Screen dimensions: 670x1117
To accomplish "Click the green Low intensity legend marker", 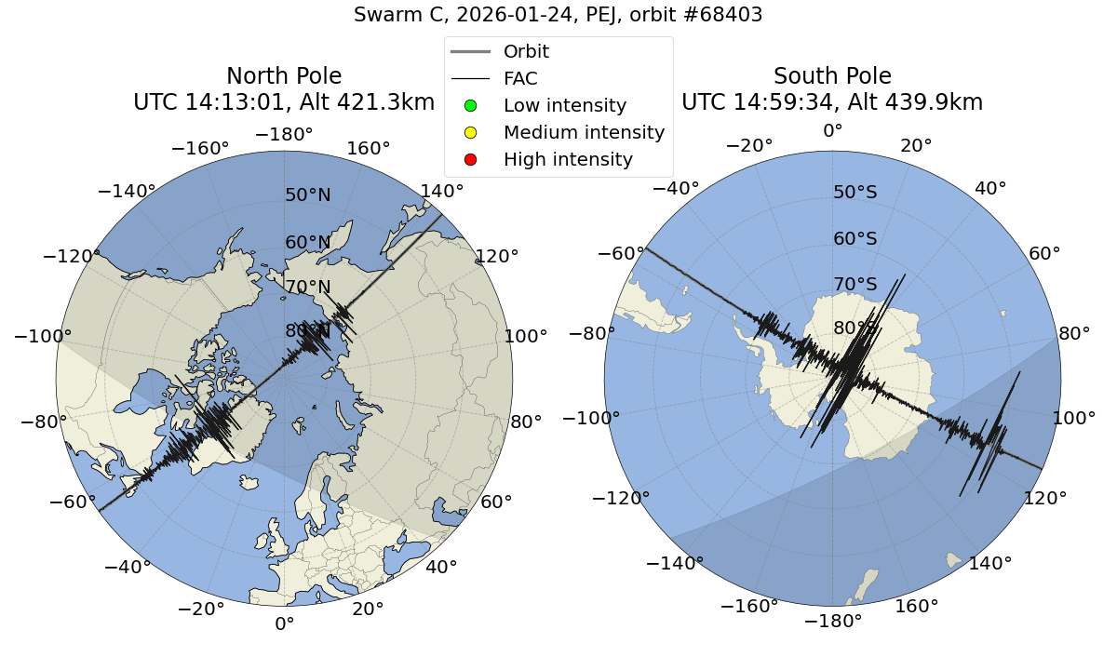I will tap(471, 105).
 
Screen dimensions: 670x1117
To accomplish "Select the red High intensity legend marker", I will tap(471, 159).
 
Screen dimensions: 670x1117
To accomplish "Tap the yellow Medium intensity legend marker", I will tap(471, 132).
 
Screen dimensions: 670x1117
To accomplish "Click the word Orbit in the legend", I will tap(526, 51).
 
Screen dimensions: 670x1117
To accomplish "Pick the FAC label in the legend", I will tap(520, 78).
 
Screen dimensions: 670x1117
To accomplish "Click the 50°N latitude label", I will tap(307, 195).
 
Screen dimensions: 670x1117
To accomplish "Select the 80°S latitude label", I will tap(855, 328).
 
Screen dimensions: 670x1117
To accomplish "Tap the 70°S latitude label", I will tap(855, 284).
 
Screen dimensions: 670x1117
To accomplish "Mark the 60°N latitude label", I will tap(307, 243).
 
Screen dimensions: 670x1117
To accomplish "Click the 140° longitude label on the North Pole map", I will tap(442, 192).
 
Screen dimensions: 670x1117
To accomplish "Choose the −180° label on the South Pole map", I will tap(832, 621).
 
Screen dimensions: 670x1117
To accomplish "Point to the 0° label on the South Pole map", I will tap(832, 131).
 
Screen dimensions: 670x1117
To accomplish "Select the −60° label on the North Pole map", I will tap(73, 502).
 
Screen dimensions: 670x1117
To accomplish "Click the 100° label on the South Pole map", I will tap(1075, 418).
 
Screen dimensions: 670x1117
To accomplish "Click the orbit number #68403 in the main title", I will tap(717, 15).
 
